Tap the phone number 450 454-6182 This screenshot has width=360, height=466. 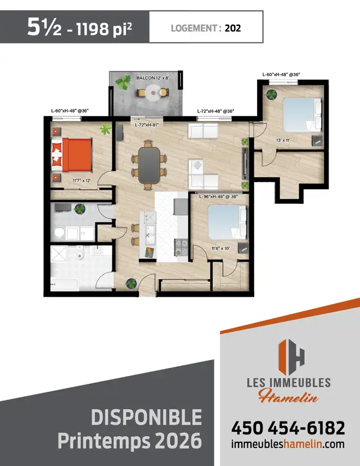click(287, 428)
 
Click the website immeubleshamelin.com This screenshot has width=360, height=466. click(287, 444)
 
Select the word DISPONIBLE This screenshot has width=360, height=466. click(146, 418)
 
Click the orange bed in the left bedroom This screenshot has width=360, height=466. click(76, 155)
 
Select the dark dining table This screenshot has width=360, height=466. click(148, 164)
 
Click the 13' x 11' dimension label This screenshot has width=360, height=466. click(283, 140)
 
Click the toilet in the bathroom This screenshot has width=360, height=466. click(80, 256)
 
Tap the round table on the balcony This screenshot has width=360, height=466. click(153, 93)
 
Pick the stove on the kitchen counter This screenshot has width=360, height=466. click(181, 247)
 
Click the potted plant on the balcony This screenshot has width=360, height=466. click(122, 84)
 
